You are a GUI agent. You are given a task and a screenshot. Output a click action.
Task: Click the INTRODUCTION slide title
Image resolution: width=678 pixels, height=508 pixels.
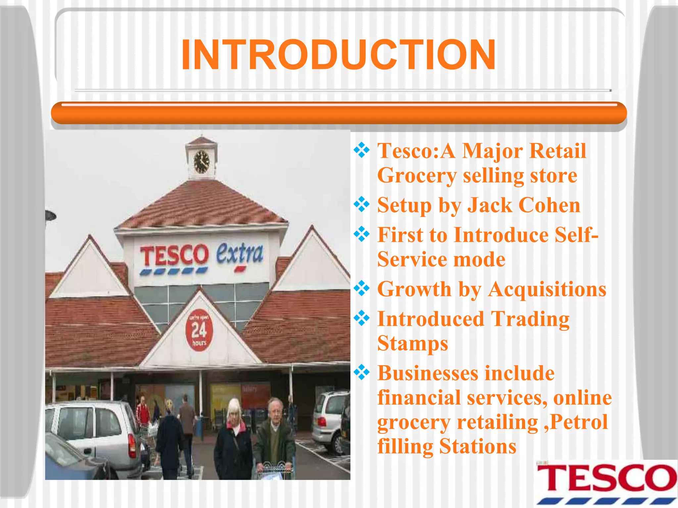338,55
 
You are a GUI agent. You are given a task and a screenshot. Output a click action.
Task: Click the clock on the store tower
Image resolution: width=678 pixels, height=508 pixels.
201,162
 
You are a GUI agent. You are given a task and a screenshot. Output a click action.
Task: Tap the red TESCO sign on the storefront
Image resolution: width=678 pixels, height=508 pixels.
174,255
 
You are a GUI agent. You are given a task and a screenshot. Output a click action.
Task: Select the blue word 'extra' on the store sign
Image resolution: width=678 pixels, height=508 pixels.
240,254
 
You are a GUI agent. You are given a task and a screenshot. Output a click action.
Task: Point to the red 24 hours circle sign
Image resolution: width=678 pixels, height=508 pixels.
199,330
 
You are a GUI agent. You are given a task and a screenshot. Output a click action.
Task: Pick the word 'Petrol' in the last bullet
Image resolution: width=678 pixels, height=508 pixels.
579,422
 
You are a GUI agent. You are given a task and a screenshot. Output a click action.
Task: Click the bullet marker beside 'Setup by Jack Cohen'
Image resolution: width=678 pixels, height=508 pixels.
362,204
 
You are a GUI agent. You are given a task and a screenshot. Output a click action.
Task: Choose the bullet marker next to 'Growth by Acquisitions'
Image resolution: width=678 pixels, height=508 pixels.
362,288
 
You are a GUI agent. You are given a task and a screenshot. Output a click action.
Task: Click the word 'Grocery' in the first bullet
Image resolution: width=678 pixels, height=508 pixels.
416,175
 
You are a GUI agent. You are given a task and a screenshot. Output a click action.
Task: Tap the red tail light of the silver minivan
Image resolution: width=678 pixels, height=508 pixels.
132,445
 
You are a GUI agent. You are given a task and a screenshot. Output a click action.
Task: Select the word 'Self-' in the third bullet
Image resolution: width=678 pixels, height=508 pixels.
576,235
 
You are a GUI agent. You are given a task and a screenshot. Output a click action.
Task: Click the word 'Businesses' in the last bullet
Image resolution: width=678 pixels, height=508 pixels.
428,373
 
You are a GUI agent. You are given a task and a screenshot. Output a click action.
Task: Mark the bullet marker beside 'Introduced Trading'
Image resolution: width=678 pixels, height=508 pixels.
362,318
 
